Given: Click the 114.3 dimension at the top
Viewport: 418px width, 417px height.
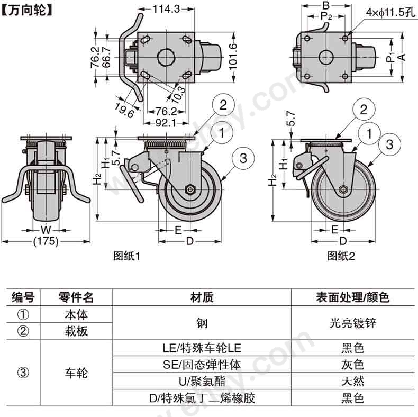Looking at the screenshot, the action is point(166,9).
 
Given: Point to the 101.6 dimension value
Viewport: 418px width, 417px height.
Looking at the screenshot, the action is point(233,57).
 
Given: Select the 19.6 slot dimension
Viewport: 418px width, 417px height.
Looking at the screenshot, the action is point(124,111).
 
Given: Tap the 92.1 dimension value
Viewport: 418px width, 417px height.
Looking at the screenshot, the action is point(166,123).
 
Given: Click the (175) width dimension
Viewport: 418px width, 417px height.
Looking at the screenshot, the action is point(46,241).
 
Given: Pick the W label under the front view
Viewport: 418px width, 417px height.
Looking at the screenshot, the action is point(46,230).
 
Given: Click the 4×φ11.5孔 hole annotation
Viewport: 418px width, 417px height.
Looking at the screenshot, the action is point(390,13).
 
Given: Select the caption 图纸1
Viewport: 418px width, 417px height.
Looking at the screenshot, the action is point(126,256).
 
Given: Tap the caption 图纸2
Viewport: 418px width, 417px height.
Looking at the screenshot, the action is point(341,256).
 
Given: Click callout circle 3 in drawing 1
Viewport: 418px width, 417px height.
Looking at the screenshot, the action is point(243,158).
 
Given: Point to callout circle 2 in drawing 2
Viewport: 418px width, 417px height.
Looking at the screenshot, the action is point(364,110).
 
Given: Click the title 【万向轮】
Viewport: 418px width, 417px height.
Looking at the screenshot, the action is point(28,11).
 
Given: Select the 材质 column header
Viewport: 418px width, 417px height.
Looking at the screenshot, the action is point(202,297).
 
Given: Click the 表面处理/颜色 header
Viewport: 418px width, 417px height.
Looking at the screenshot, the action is point(353,297).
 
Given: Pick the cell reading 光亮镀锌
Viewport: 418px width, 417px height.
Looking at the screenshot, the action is point(353,323).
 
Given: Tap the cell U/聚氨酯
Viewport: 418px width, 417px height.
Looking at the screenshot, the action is point(202,382).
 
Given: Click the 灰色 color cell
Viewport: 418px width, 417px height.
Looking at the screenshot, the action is point(353,365).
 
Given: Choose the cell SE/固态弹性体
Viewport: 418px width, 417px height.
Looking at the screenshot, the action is point(202,365).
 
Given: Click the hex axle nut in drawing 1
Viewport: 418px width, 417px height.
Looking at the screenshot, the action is point(190,189).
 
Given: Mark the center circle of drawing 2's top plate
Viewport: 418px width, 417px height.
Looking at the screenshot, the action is point(326,57).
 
